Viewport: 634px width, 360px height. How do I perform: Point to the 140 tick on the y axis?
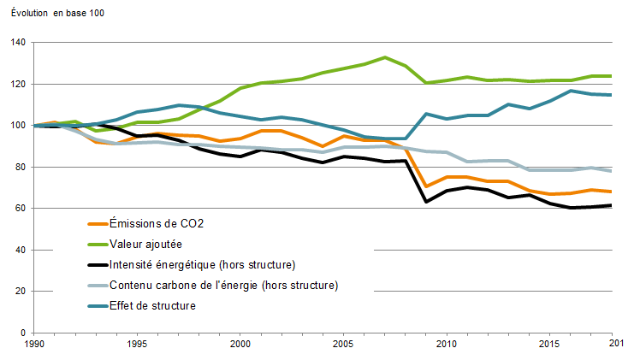19,43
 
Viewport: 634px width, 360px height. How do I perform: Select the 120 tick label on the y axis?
19,84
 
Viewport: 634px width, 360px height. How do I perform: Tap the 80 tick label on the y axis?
21,167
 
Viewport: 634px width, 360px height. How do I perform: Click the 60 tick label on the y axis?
21,209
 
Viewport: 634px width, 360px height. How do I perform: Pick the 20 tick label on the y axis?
21,292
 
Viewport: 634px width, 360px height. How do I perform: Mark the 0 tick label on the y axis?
24,333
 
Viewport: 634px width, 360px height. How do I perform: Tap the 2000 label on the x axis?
240,345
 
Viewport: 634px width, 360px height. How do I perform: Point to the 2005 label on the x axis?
343,345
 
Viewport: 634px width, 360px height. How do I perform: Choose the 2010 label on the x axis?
445,345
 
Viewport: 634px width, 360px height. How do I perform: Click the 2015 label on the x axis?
548,345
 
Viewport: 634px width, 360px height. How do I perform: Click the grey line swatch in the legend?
98,285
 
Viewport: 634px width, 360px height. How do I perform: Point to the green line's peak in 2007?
384,57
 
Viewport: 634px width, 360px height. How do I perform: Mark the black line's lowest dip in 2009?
425,202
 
